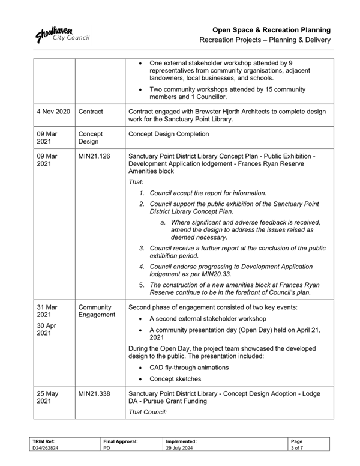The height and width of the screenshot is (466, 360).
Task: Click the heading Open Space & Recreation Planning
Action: click(x=272, y=29)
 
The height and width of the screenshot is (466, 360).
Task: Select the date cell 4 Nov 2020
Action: click(x=53, y=112)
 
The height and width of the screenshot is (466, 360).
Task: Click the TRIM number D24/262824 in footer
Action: click(x=46, y=447)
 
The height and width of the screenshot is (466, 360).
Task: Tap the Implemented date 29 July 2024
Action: click(x=181, y=447)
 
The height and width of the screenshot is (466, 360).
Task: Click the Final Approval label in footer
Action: click(x=121, y=441)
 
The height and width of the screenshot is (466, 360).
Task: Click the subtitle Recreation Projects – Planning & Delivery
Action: click(x=265, y=40)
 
